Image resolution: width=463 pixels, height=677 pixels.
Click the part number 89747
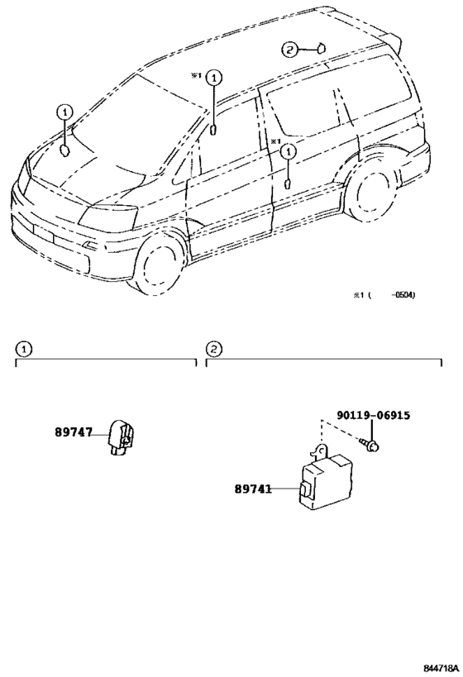tap(74, 432)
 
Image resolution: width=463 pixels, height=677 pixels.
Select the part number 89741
tap(254, 489)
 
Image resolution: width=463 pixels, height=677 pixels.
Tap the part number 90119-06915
tap(374, 415)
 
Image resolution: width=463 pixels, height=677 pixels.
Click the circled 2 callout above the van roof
tap(290, 50)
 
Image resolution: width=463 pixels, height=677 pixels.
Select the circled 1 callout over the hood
tap(64, 112)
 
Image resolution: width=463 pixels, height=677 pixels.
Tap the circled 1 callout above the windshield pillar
tap(214, 79)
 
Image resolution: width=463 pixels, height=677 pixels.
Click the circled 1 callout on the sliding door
tap(288, 152)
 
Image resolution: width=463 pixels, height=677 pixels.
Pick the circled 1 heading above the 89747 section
tap(23, 349)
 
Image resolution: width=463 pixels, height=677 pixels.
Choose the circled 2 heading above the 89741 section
tap(214, 349)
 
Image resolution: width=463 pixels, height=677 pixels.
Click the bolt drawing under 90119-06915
tap(369, 444)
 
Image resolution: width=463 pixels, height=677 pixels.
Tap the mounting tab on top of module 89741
tap(320, 451)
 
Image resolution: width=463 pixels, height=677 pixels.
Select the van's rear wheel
tap(375, 193)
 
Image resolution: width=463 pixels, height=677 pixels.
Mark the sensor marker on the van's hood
tap(64, 151)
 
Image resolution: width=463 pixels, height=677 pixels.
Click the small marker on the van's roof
tap(322, 48)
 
